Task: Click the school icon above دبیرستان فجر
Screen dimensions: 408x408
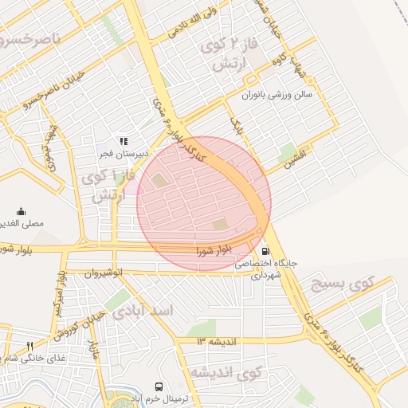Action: coord(123,141)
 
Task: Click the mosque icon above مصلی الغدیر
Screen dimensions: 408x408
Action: coord(21,212)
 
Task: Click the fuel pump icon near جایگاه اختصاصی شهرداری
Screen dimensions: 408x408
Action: coord(265,250)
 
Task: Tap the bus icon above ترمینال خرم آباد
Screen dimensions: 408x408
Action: coord(159,385)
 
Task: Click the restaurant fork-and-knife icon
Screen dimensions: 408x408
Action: coord(29,346)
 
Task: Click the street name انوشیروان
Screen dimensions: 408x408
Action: coord(103,273)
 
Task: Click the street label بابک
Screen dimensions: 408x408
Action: coord(236,124)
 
